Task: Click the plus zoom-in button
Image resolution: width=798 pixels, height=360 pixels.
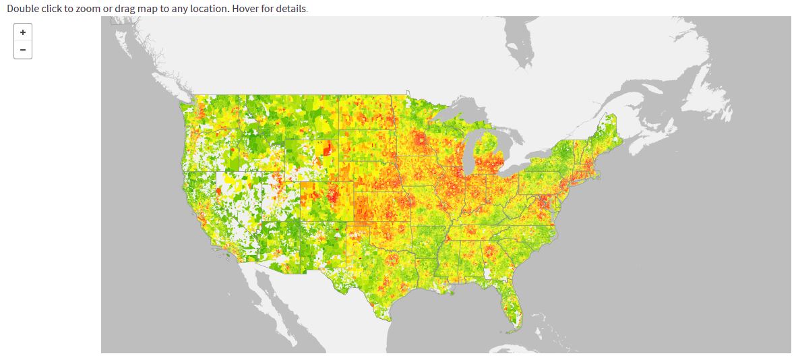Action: [x=23, y=32]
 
